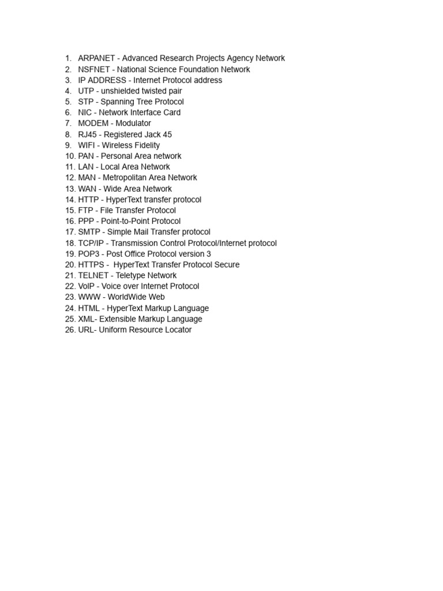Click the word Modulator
(x=133, y=124)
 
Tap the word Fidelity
(x=145, y=145)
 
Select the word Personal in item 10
(x=116, y=156)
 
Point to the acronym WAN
(x=87, y=189)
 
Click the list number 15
(x=70, y=211)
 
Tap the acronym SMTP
(x=89, y=232)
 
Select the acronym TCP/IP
(x=91, y=243)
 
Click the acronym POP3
(x=89, y=254)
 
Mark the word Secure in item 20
(x=227, y=265)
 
